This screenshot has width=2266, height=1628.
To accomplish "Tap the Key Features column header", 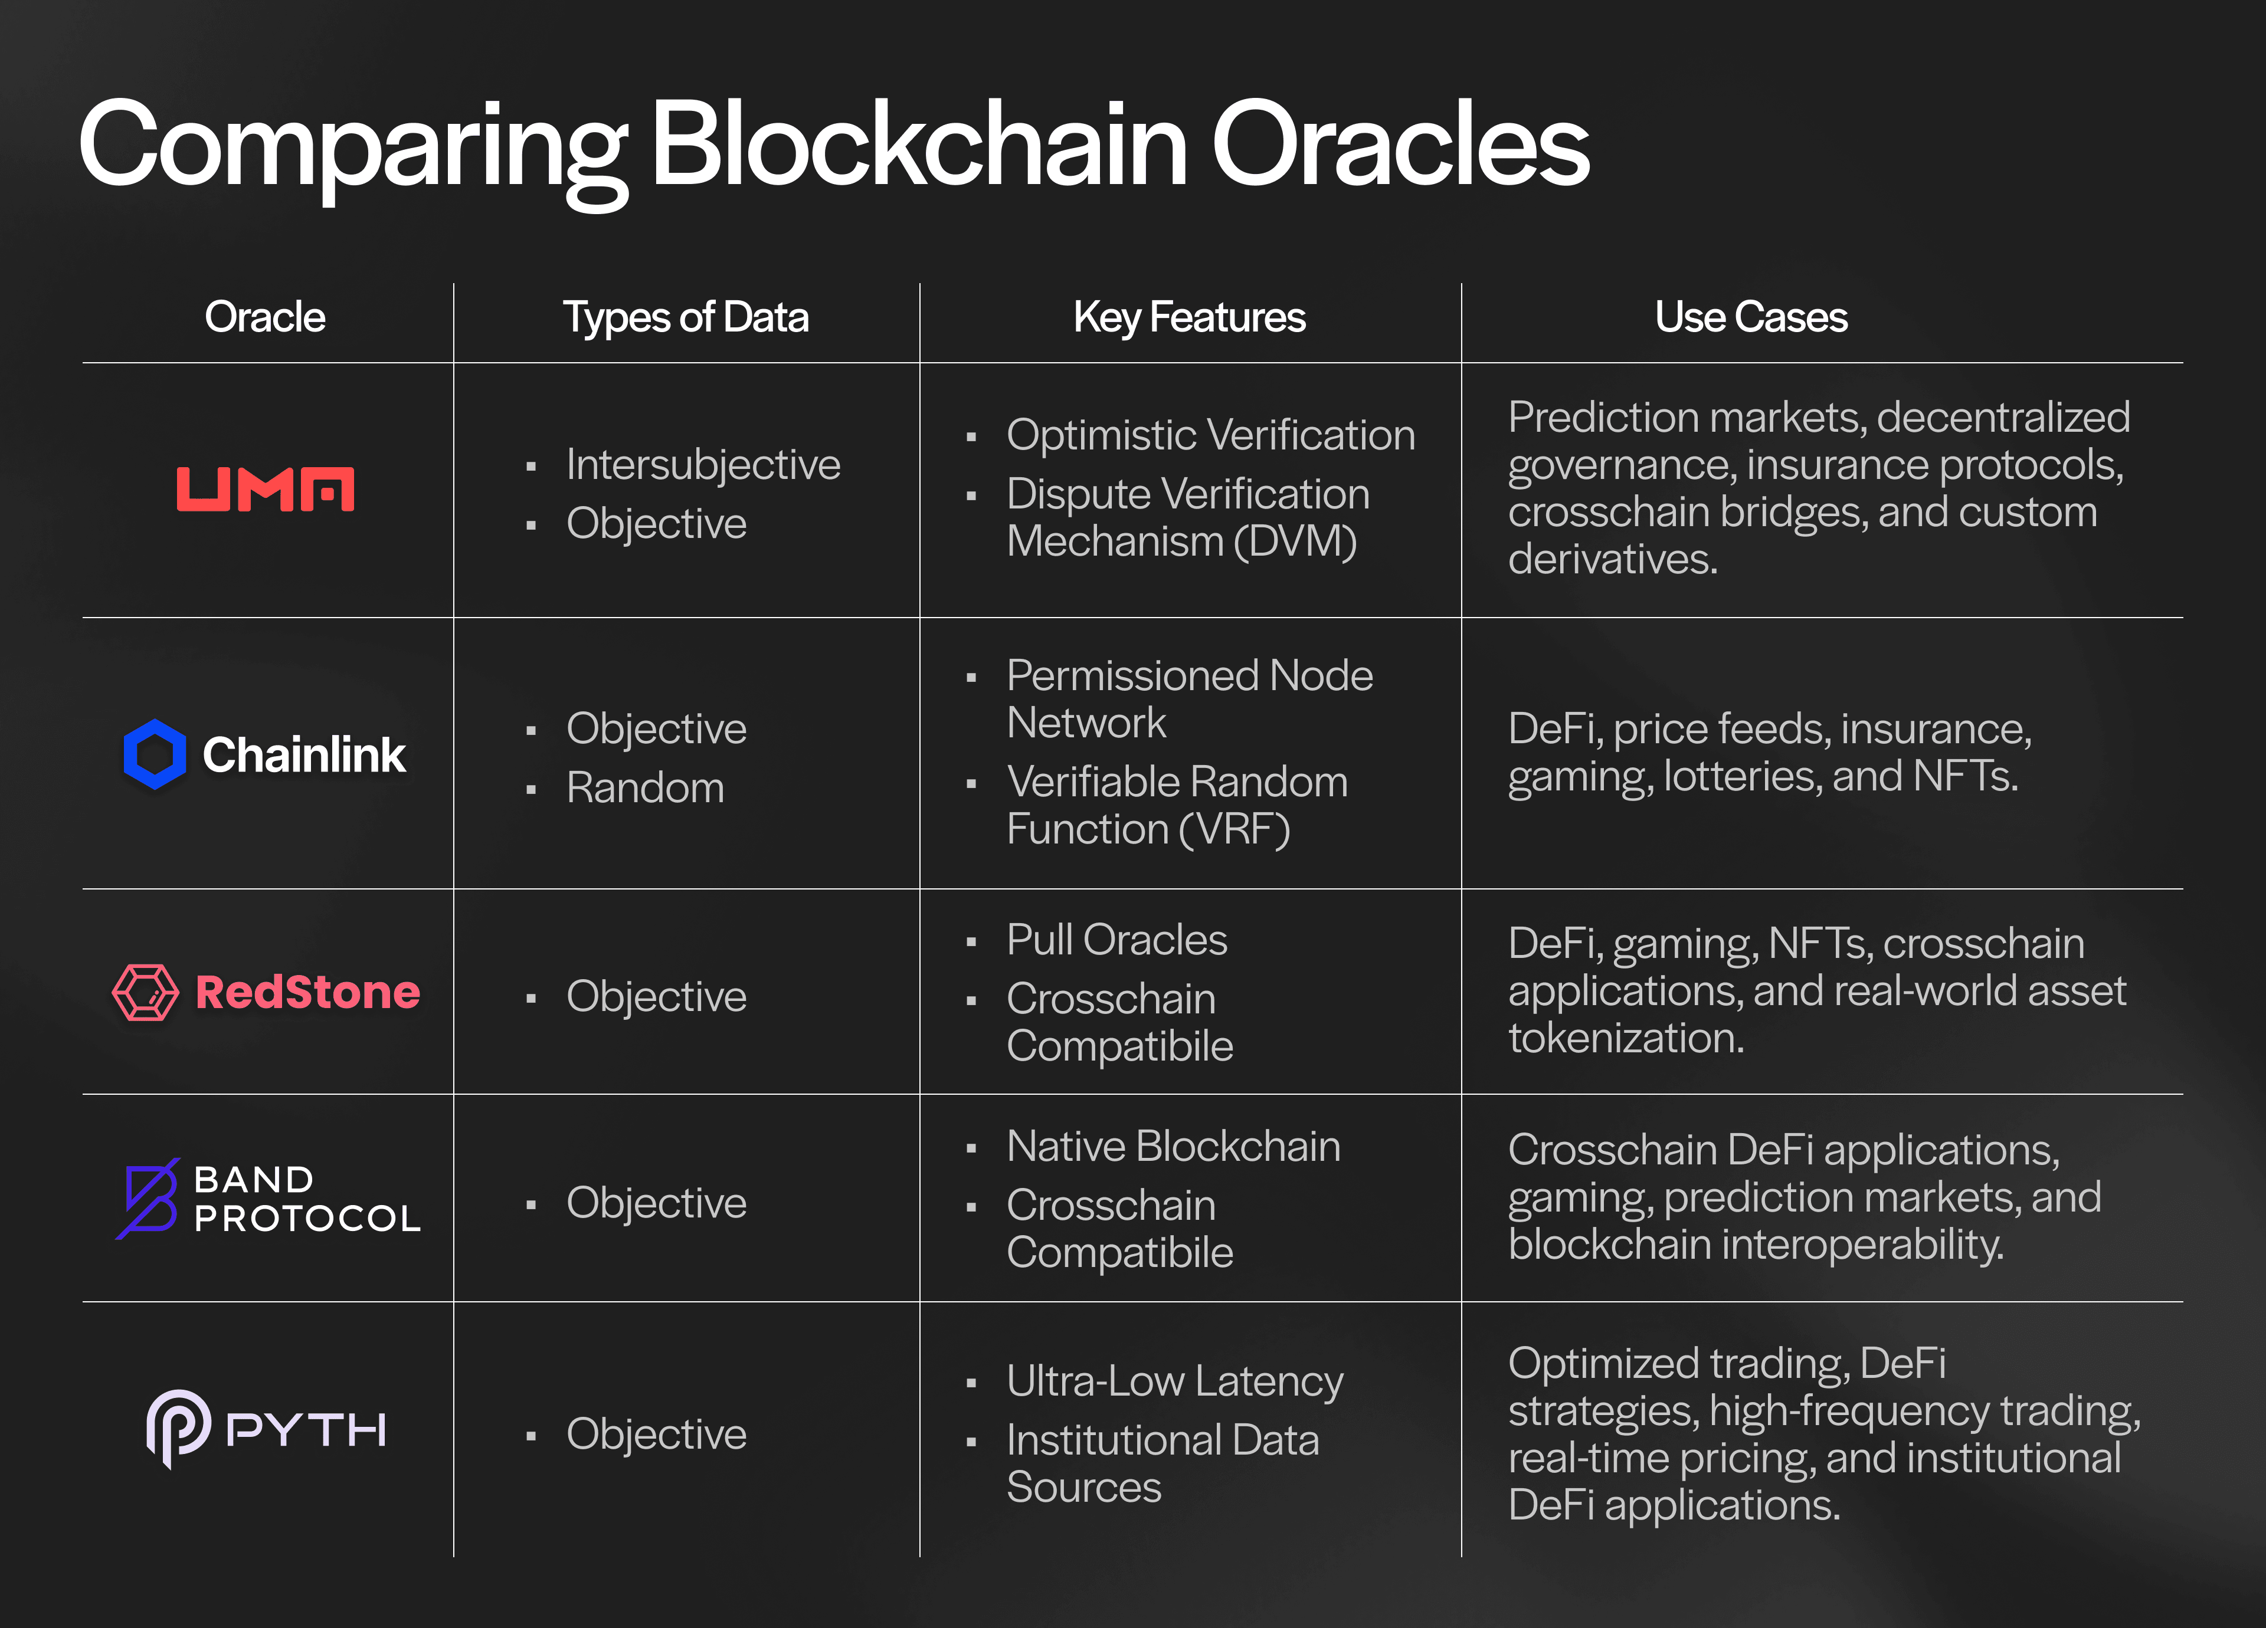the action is pyautogui.click(x=1189, y=317).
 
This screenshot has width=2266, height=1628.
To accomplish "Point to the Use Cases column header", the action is pyautogui.click(x=1750, y=317).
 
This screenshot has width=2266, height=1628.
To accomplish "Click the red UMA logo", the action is pyautogui.click(x=266, y=490).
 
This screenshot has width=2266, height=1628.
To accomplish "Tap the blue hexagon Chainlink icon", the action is pyautogui.click(x=155, y=754).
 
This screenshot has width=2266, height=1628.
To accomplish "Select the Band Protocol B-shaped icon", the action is pyautogui.click(x=148, y=1199).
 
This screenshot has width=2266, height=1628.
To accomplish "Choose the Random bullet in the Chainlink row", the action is pyautogui.click(x=646, y=788).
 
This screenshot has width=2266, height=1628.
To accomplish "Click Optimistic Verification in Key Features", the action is pyautogui.click(x=1211, y=435).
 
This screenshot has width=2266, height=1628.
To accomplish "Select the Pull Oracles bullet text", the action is pyautogui.click(x=1117, y=940).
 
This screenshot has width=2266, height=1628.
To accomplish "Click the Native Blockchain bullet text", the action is pyautogui.click(x=1174, y=1147).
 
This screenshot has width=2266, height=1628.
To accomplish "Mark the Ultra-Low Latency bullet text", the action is pyautogui.click(x=1175, y=1381).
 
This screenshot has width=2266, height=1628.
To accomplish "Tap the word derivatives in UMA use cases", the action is pyautogui.click(x=1613, y=559).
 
